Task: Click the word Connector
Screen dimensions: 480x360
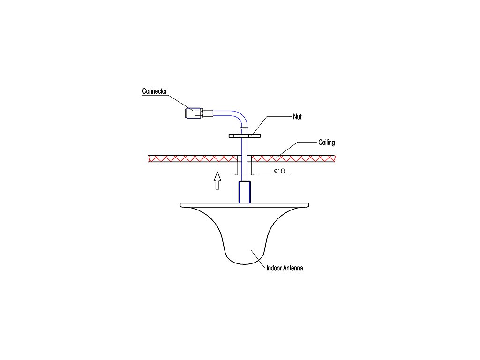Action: coord(155,91)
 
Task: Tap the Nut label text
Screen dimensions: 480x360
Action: coord(297,117)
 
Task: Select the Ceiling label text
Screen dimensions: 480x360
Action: coord(327,142)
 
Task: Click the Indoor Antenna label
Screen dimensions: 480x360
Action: coord(285,269)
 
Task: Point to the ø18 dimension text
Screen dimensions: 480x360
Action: coord(279,171)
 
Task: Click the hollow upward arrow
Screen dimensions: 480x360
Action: coord(217,180)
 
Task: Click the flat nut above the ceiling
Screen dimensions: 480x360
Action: coord(244,135)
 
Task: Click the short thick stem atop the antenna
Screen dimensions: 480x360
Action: coord(245,192)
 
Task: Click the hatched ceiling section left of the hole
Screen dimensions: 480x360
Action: coord(192,158)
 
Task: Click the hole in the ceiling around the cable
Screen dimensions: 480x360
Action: coord(245,158)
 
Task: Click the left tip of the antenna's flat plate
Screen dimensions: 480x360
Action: coord(181,205)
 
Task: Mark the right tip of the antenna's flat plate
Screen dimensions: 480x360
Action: coord(309,205)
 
